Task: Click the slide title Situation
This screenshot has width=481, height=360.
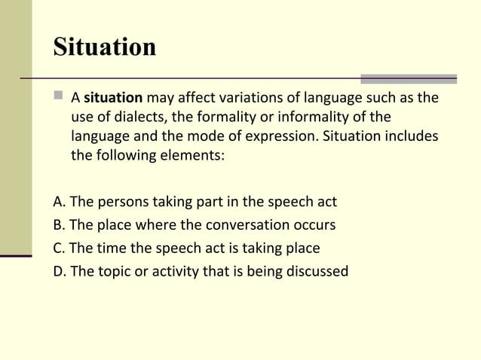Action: coord(105,47)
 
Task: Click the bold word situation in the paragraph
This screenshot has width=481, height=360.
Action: coord(113,99)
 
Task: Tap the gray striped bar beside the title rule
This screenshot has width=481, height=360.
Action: coord(408,78)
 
